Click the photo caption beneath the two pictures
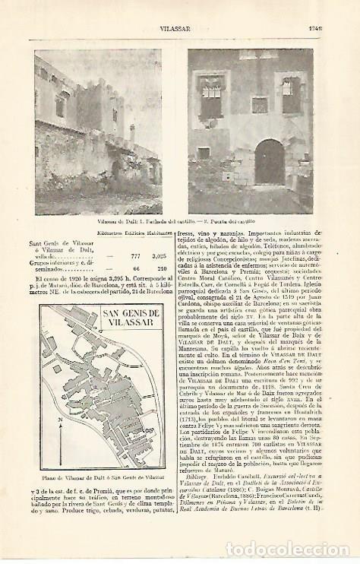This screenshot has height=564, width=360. tap(173, 220)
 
